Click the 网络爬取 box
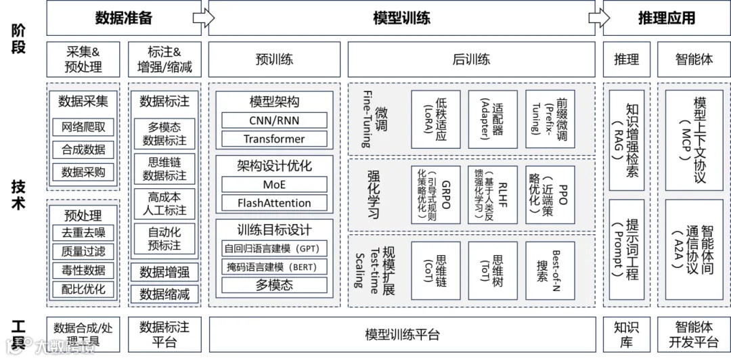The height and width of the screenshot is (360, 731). click(x=83, y=127)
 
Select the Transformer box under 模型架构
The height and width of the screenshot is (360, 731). click(x=274, y=139)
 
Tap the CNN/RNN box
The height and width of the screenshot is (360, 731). click(x=274, y=120)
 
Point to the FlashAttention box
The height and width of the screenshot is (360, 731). click(x=274, y=203)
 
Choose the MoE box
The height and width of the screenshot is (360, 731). click(x=274, y=185)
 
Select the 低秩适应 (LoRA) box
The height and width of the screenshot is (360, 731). click(x=435, y=119)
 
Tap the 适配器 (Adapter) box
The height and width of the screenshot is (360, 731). click(x=492, y=119)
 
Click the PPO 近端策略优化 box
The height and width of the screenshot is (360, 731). click(x=550, y=194)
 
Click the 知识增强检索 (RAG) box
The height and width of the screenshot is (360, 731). click(x=626, y=139)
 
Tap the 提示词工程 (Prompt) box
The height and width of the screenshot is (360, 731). click(x=626, y=249)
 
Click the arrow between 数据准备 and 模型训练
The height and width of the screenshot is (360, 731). click(x=200, y=18)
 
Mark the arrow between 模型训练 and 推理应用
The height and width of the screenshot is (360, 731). click(x=595, y=18)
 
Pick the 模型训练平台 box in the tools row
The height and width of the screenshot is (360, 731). click(x=402, y=334)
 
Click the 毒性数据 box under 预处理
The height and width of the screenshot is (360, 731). click(x=83, y=271)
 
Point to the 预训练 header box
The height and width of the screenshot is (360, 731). click(x=274, y=60)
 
